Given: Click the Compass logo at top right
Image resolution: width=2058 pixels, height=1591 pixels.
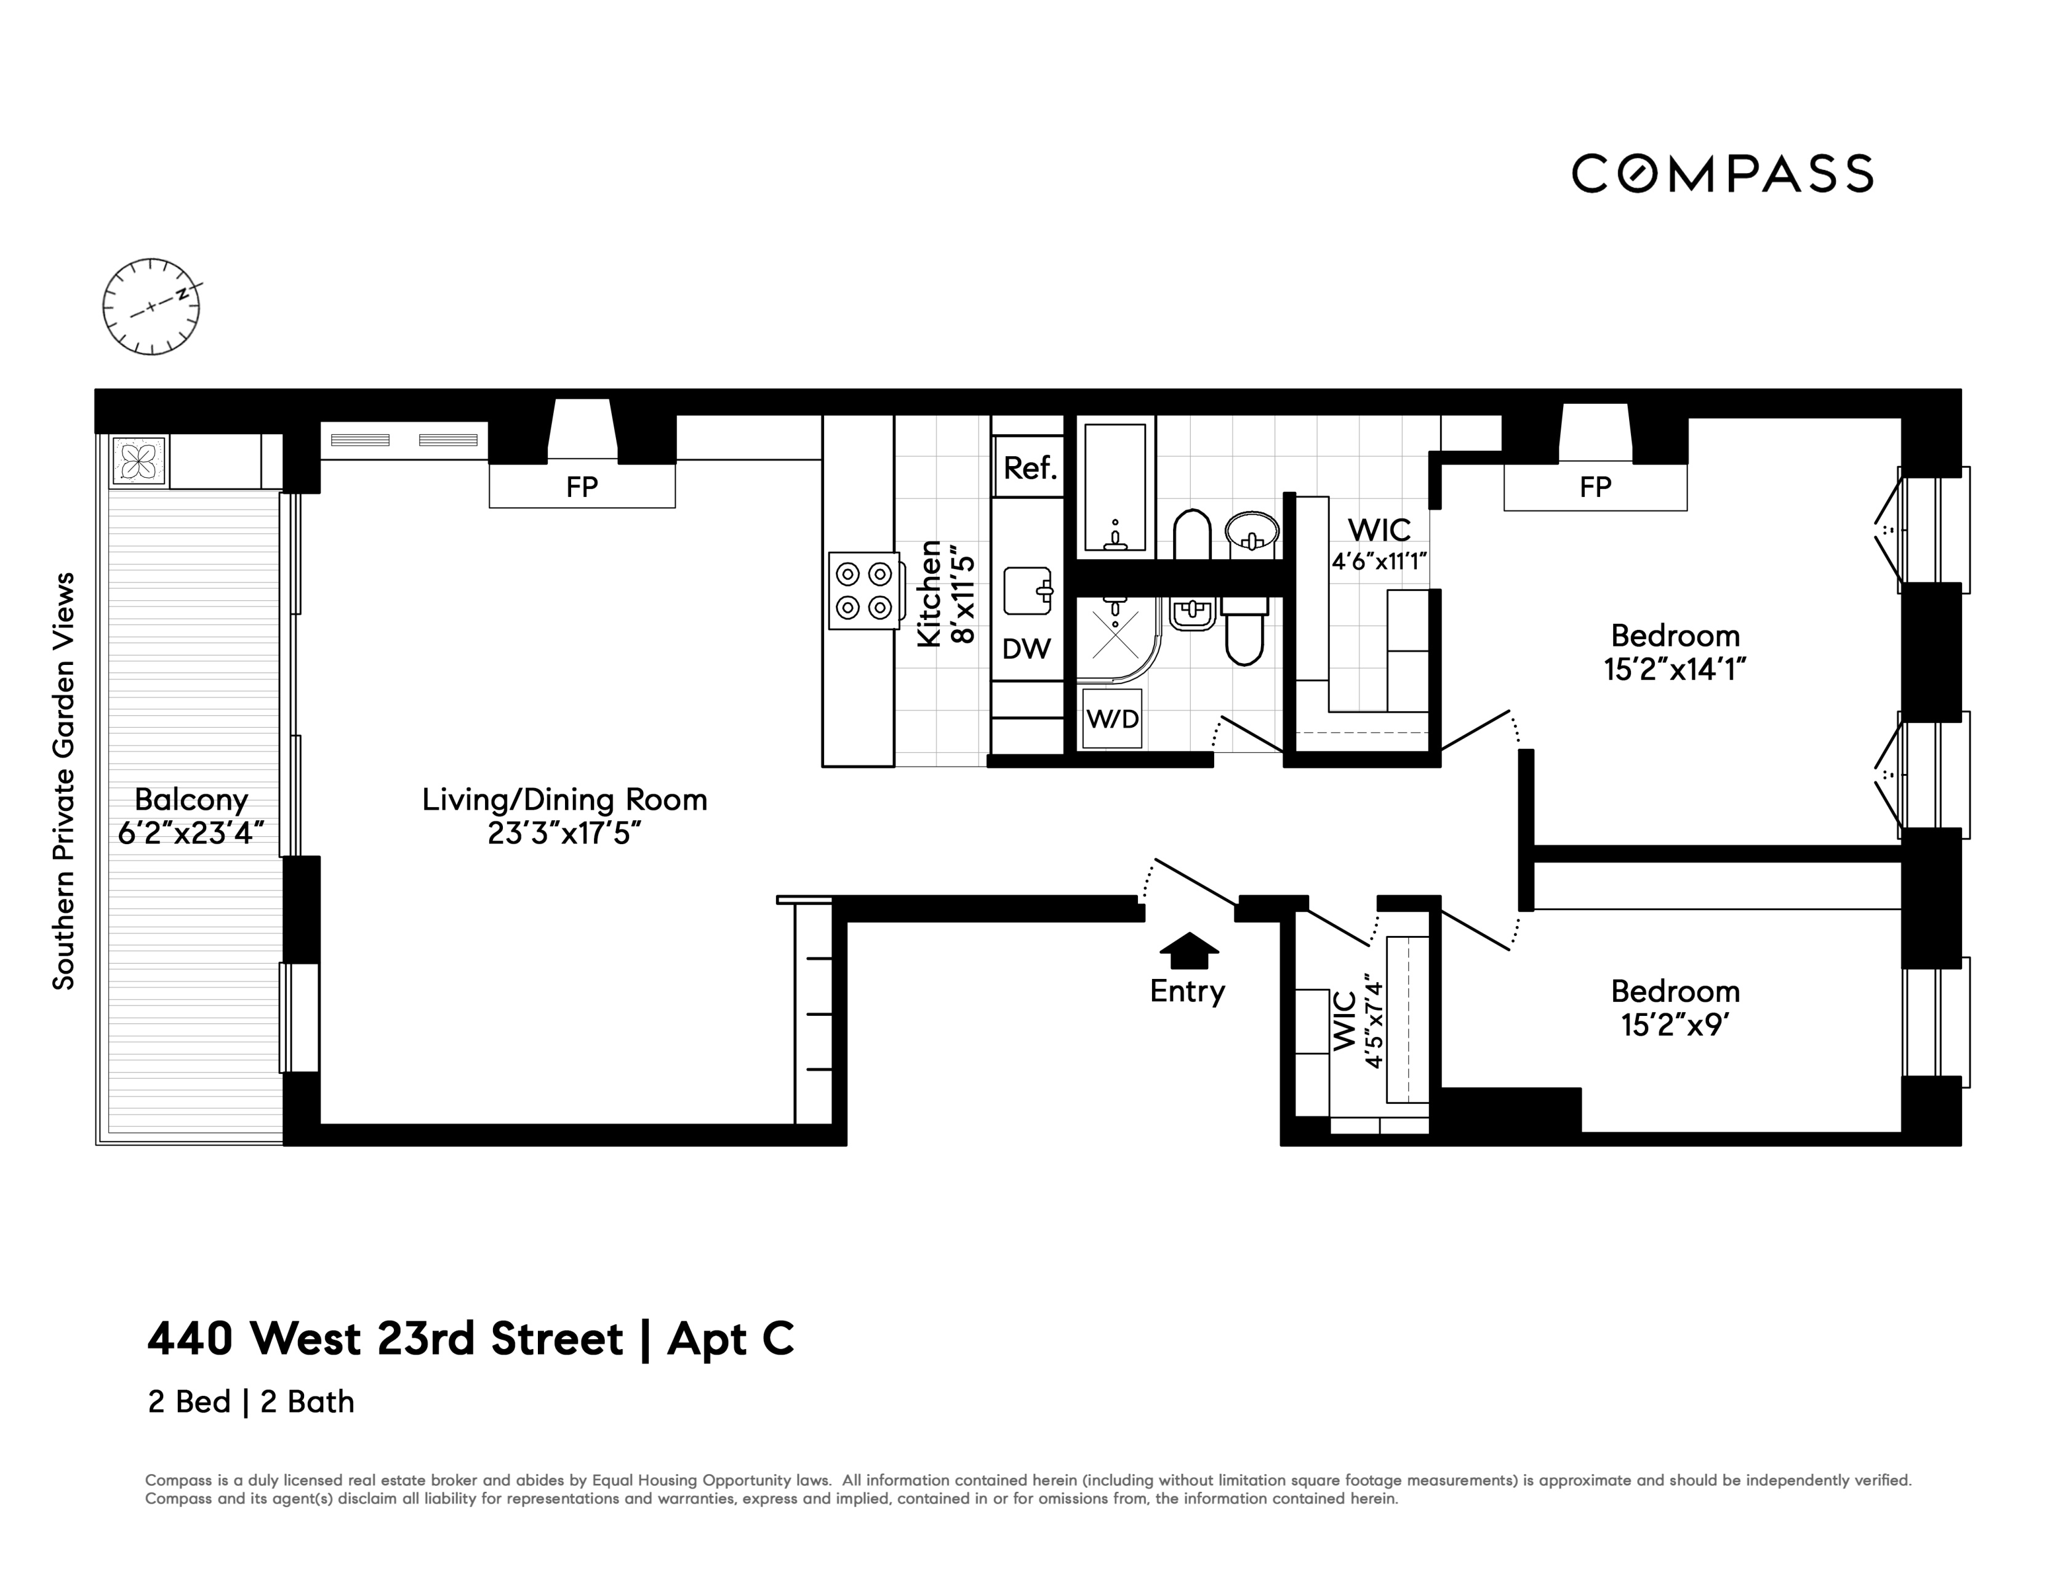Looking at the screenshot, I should point(1721,174).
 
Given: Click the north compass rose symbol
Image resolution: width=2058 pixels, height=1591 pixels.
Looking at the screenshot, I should point(151,307).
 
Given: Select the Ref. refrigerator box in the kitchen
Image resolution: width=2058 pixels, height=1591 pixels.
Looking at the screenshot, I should point(1029,467).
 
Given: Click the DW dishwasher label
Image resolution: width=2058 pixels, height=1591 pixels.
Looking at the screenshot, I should point(1026,648).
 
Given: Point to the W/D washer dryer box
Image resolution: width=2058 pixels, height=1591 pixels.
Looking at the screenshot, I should point(1112,719).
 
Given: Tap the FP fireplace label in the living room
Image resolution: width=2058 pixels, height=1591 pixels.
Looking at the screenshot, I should point(582,487).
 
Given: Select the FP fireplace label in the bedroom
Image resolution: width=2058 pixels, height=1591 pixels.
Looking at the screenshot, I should point(1595,487).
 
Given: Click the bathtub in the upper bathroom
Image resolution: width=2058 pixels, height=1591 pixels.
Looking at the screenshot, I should point(1116,488).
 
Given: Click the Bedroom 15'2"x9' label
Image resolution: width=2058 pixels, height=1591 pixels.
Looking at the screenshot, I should point(1675,1007).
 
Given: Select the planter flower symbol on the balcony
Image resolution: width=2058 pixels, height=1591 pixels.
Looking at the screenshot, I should point(138,462).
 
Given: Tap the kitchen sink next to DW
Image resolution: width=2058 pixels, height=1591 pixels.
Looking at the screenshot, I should point(1027,591).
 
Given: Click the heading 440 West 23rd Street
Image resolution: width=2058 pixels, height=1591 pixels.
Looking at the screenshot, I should point(385,1339).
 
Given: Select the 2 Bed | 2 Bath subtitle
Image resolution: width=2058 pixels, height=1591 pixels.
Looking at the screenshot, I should point(250,1403).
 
